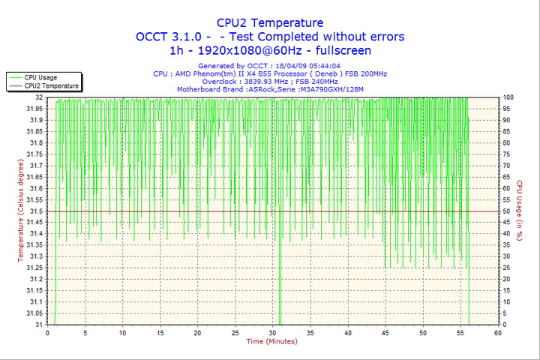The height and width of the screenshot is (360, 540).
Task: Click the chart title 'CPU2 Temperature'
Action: (270, 22)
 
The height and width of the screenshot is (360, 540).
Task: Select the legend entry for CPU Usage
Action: (40, 77)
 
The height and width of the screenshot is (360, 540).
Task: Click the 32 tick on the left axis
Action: (38, 97)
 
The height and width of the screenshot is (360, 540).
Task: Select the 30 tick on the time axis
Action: (272, 332)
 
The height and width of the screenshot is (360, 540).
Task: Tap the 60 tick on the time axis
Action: (497, 332)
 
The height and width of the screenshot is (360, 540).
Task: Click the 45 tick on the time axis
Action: (385, 332)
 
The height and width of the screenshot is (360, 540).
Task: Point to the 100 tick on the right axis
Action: (508, 97)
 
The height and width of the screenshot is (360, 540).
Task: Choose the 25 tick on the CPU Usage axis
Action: (507, 268)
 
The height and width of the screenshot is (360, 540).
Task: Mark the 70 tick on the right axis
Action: (507, 166)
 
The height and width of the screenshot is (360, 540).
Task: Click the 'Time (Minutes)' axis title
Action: (271, 342)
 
